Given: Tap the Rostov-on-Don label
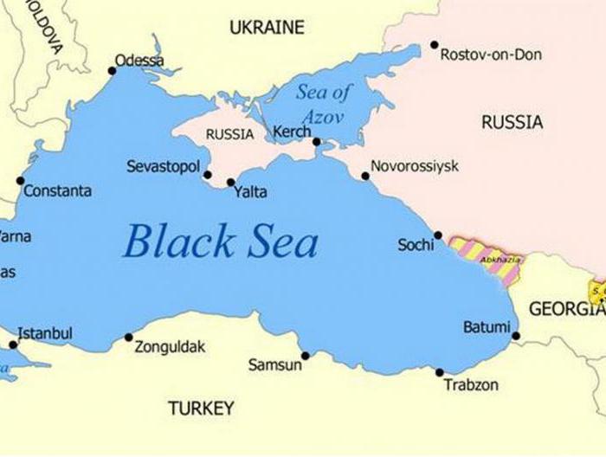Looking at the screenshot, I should click(491, 55).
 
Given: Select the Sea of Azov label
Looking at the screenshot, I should click(324, 103).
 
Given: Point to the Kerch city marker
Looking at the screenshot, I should click(317, 142).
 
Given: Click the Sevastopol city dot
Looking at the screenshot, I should click(208, 175).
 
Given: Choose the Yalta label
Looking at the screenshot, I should click(250, 192).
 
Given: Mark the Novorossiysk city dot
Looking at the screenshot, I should click(365, 177).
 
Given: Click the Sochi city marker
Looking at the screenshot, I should click(438, 235).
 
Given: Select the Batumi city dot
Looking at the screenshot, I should click(516, 336).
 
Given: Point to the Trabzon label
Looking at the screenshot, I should click(471, 384).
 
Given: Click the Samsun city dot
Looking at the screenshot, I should click(305, 355).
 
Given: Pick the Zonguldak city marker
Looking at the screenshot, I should click(129, 338).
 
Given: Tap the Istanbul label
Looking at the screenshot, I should click(45, 333).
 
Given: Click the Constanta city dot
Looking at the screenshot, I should click(20, 181).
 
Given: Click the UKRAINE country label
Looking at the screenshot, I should click(267, 28).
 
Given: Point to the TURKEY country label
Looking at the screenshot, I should click(201, 408).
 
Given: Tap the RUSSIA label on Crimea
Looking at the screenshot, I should click(230, 134).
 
